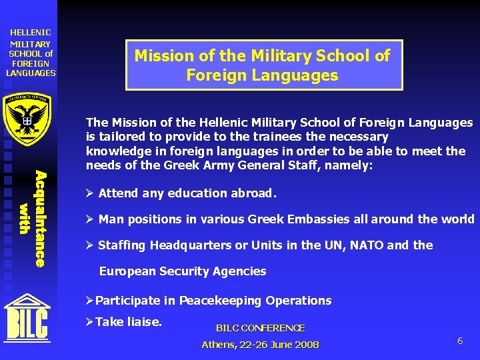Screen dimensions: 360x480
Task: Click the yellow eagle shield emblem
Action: pos(28,118)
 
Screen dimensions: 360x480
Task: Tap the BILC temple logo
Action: pos(27,319)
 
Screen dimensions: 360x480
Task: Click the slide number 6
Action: pos(460,341)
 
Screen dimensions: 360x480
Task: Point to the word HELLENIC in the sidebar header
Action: pos(31,32)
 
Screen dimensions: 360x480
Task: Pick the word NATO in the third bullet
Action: pos(365,245)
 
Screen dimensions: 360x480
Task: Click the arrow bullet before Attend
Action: pos(90,193)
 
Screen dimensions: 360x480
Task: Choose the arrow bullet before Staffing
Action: pos(90,245)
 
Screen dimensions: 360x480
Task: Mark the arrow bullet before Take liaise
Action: pos(90,322)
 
